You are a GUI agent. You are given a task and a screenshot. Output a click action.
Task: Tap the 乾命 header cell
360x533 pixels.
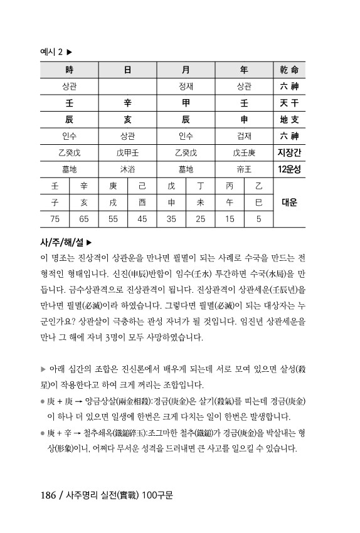click(x=289, y=70)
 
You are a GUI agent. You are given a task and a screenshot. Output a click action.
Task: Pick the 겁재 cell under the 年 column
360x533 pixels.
click(x=244, y=135)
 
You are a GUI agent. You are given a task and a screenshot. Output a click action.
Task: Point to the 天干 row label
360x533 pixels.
click(x=289, y=102)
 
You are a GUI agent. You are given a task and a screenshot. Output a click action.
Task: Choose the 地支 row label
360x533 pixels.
click(x=289, y=119)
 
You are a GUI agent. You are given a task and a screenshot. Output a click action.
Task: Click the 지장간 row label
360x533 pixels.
click(x=289, y=152)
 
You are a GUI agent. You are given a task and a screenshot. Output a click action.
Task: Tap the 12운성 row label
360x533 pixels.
click(x=289, y=169)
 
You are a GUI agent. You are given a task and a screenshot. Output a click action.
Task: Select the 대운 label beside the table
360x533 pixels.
click(x=289, y=203)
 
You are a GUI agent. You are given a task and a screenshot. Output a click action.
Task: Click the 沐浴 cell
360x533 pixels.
click(x=127, y=169)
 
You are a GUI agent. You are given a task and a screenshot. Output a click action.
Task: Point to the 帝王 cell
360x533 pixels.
click(x=244, y=169)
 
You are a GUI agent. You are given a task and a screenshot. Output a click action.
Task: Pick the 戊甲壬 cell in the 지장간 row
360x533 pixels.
click(x=127, y=152)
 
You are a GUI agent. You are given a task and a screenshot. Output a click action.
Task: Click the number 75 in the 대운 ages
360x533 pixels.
click(x=55, y=219)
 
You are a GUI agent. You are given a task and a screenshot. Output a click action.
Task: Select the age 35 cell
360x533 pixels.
click(x=171, y=219)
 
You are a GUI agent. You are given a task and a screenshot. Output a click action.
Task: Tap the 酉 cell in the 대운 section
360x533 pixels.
click(x=142, y=203)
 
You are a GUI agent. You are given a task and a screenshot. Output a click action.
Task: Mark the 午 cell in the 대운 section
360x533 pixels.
click(x=230, y=203)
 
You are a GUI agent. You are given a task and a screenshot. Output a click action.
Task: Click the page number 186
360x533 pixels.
click(x=50, y=493)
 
